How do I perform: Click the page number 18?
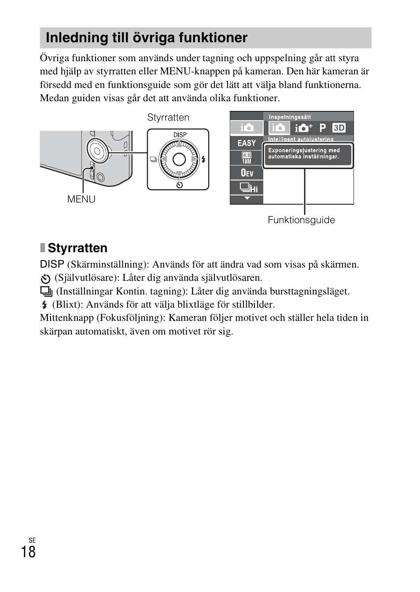(x=28, y=552)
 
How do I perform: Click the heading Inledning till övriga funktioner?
(x=147, y=38)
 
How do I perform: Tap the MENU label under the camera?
(x=81, y=199)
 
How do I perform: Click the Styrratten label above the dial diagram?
(x=168, y=118)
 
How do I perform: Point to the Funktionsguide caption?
(x=301, y=220)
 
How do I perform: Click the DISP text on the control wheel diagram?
(x=180, y=135)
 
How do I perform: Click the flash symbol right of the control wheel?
(x=203, y=159)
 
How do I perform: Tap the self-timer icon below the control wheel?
(x=179, y=185)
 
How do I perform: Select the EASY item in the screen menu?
(x=247, y=143)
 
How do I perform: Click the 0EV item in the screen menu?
(x=247, y=173)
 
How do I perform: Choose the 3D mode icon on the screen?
(x=339, y=128)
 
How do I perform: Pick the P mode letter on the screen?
(x=323, y=128)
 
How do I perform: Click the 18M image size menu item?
(x=247, y=158)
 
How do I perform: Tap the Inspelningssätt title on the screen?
(x=290, y=117)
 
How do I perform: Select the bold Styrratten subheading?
(x=77, y=248)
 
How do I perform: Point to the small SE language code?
(x=32, y=541)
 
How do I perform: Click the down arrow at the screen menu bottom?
(x=247, y=199)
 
